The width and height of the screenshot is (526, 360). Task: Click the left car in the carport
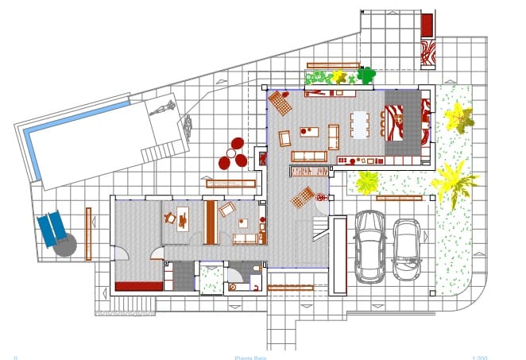[x=369, y=246]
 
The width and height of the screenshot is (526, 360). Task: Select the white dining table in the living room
[x=360, y=124]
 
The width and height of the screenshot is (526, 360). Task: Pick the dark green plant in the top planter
[x=365, y=75]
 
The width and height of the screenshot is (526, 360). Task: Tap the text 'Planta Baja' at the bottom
[x=250, y=357]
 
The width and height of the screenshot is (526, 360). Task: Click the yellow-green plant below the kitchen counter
[x=366, y=182]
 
